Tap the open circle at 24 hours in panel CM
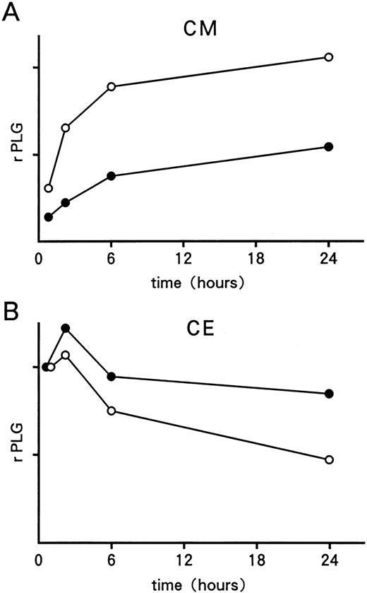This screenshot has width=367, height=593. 328,57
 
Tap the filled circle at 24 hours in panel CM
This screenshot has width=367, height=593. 328,146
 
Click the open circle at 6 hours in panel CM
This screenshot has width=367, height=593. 112,87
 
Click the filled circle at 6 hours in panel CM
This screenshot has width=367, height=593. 112,175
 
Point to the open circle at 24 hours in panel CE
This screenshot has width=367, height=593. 328,459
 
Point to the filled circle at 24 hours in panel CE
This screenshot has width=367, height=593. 328,394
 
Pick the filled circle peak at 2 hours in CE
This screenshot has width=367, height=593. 66,328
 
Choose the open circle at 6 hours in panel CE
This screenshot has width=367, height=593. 112,411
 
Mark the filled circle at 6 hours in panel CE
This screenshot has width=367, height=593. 112,376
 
